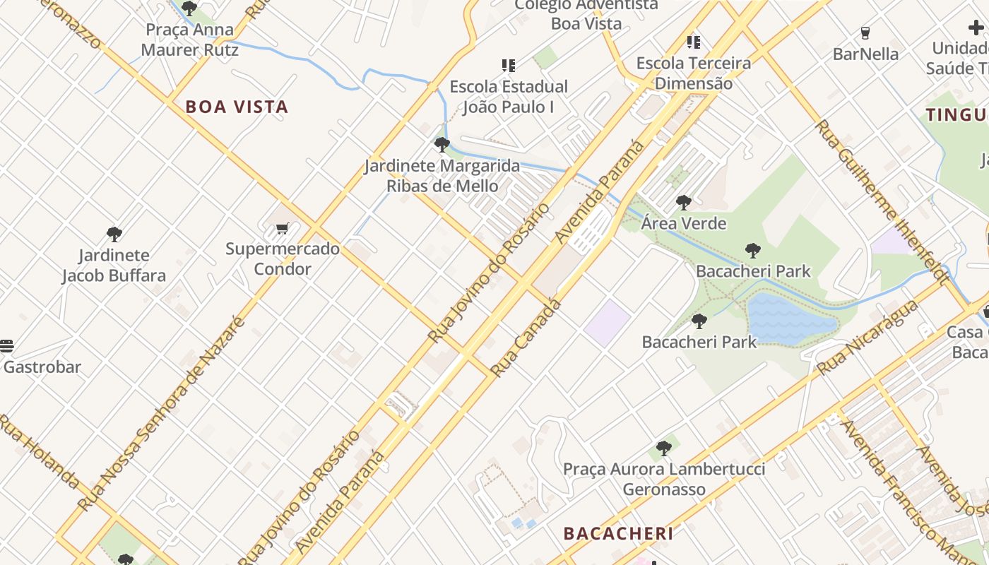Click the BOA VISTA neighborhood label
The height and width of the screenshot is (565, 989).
coord(237,107)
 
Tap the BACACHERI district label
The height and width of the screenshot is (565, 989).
coord(618,533)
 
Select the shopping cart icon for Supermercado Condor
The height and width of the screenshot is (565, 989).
coord(283,228)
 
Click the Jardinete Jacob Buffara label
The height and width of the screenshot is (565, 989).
coord(114,266)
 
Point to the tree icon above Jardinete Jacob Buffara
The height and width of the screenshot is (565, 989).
coord(114,234)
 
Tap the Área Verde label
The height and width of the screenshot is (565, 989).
coord(684,224)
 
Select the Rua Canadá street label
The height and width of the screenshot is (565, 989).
coord(526,338)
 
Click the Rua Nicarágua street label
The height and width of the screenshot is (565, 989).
coord(867,337)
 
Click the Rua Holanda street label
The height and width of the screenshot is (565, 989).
coord(39,452)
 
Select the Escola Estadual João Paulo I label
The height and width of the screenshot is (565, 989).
coord(509,97)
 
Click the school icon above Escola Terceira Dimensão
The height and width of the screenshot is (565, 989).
coord(694,42)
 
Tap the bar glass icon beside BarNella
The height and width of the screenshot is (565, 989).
coord(865,32)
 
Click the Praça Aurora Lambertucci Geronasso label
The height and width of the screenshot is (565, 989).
coord(664,479)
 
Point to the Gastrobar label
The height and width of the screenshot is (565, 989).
coord(42,367)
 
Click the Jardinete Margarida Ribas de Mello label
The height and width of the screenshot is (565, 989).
coord(442,177)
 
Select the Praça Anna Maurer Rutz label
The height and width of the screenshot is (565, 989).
coord(189,40)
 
